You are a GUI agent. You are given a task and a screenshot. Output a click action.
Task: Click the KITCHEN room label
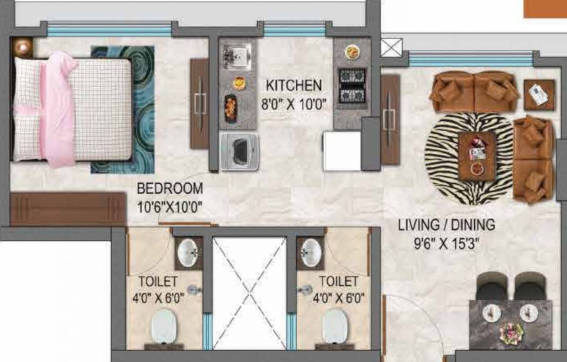pos(294,86)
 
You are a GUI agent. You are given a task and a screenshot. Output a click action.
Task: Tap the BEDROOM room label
pos(170,189)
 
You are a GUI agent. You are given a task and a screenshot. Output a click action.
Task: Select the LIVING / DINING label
pos(446,225)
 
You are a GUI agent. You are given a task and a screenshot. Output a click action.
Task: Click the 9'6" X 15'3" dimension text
pos(446,245)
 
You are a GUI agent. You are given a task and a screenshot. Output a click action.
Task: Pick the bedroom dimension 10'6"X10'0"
pos(170,206)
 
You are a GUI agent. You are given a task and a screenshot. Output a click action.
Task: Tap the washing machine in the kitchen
pos(240,151)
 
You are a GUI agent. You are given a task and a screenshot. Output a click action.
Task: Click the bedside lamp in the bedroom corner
pos(22,47)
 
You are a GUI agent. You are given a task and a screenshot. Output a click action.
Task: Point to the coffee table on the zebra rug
pos(477,156)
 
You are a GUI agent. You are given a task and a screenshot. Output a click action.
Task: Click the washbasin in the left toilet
pos(188,254)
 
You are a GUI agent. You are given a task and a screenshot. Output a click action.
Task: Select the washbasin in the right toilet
pos(311,253)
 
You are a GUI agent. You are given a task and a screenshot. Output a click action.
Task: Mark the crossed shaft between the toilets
pos(249,292)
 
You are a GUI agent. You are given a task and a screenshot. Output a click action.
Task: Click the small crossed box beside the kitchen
pos(391,48)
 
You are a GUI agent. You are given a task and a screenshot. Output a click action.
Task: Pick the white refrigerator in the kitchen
pos(342,151)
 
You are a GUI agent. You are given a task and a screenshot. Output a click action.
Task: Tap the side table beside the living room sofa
pos(539,95)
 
